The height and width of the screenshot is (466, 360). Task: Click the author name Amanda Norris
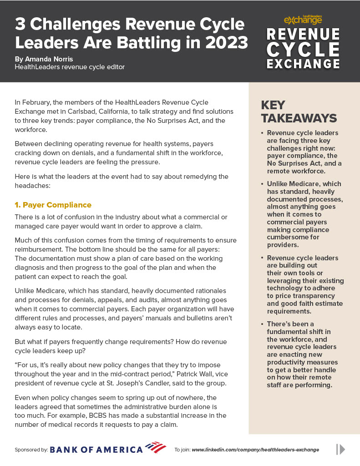coord(51,59)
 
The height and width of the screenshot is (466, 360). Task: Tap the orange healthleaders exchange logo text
coord(303,20)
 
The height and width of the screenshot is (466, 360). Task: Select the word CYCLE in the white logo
coord(303,49)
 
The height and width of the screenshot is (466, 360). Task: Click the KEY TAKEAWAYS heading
coord(299,111)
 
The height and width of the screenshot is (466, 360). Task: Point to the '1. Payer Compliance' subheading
coord(53,205)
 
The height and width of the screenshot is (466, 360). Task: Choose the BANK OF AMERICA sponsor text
coord(96,450)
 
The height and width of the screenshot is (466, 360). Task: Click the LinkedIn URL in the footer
coord(255,450)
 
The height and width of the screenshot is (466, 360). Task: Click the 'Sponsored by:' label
coord(31,450)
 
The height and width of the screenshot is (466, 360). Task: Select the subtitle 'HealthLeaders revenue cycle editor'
coord(70,67)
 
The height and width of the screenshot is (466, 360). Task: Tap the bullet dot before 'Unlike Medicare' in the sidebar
coord(262,184)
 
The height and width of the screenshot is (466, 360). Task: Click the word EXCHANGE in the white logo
coord(303,63)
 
